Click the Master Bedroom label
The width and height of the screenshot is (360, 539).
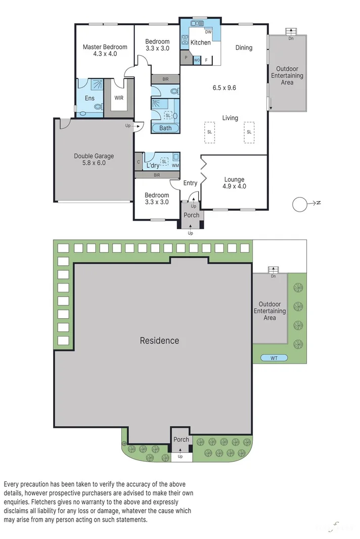pyautogui.click(x=105, y=47)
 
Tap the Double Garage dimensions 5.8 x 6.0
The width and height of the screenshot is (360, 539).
pyautogui.click(x=94, y=163)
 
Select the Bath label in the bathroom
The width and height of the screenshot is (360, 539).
pyautogui.click(x=165, y=128)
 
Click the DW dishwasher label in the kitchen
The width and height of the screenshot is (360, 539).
pyautogui.click(x=208, y=32)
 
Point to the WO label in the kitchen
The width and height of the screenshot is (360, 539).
pyautogui.click(x=197, y=60)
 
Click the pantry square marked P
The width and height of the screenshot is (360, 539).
pyautogui.click(x=186, y=58)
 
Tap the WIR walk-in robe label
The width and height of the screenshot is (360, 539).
pyautogui.click(x=119, y=98)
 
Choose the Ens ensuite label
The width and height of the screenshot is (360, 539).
pyautogui.click(x=89, y=99)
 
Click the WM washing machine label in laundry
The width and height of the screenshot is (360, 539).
pyautogui.click(x=175, y=165)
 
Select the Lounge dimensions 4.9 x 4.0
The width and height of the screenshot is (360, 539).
pyautogui.click(x=235, y=186)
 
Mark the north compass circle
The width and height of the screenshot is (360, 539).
pyautogui.click(x=299, y=204)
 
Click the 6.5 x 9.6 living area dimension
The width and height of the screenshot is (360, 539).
pyautogui.click(x=224, y=88)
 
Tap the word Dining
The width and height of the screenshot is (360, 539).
pyautogui.click(x=244, y=47)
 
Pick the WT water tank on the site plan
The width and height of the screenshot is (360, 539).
pyautogui.click(x=274, y=358)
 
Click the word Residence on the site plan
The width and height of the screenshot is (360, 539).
pyautogui.click(x=159, y=340)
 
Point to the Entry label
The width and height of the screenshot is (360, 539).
pyautogui.click(x=190, y=183)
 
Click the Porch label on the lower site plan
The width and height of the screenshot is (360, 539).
pyautogui.click(x=182, y=439)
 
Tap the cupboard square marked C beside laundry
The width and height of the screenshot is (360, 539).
pyautogui.click(x=139, y=162)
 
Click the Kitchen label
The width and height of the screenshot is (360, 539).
pyautogui.click(x=201, y=42)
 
